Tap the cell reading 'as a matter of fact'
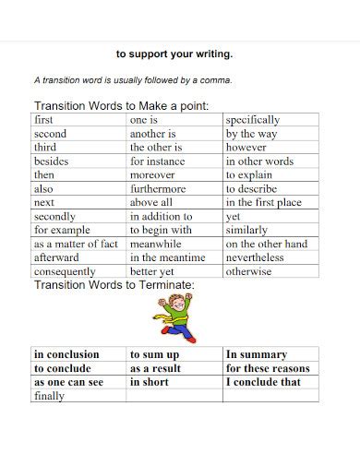click(76, 244)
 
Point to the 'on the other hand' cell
click(266, 244)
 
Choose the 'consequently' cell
click(65, 271)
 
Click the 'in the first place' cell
click(263, 202)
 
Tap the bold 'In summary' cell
click(257, 353)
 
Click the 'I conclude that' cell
click(264, 381)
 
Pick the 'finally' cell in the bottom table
click(49, 396)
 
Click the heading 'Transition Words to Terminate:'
click(114, 285)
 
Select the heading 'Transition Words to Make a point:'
click(121, 105)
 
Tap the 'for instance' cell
click(158, 161)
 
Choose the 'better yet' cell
click(152, 271)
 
